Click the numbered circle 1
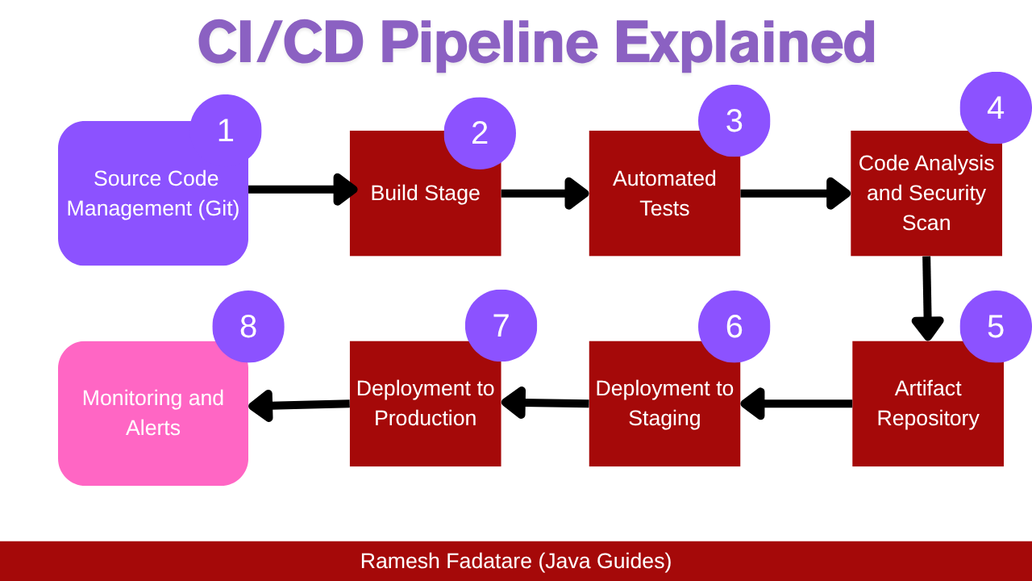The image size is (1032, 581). (x=226, y=131)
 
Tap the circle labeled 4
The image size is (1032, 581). (x=996, y=108)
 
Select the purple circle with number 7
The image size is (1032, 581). (x=501, y=325)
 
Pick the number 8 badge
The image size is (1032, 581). (x=248, y=326)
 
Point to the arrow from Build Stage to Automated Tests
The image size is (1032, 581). (x=544, y=193)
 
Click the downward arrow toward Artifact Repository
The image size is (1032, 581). (x=927, y=299)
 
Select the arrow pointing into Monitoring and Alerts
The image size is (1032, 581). (x=298, y=404)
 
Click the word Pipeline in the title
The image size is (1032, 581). (x=489, y=42)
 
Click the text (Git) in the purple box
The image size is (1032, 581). (x=219, y=208)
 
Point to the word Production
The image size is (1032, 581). (x=425, y=418)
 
